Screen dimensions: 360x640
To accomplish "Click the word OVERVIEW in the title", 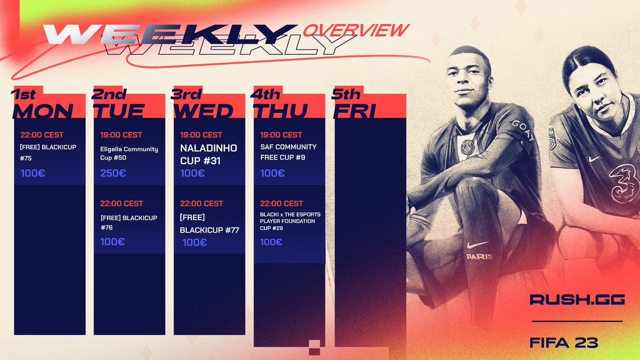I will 356,30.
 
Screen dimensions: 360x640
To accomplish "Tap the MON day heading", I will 43,111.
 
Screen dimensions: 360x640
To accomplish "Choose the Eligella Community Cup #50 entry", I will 129,154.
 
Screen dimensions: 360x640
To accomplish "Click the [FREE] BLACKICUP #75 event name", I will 49,152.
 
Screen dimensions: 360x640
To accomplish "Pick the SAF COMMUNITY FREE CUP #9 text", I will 288,152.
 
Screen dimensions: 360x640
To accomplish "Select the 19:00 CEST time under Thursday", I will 281,135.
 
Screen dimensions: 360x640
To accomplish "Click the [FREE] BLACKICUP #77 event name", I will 209,225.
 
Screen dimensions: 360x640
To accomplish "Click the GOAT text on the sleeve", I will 522,131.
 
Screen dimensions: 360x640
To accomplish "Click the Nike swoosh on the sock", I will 477,244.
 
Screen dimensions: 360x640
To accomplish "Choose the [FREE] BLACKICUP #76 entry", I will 129,222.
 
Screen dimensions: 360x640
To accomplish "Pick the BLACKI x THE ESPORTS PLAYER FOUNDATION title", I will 290,221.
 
